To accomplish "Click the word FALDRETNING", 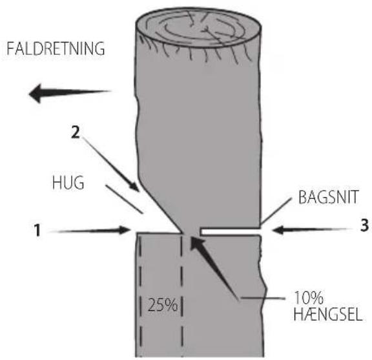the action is point(56,48).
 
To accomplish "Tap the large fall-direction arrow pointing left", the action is point(70,93).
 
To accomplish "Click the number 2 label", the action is point(76,132).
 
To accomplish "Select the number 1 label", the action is point(37,229).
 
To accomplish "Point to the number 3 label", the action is point(364,225).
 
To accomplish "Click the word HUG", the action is point(68,183).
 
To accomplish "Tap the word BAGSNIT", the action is point(328,197).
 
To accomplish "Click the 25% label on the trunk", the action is point(163,304).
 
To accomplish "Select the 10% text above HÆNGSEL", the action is point(309,297).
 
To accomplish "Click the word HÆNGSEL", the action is point(328,314).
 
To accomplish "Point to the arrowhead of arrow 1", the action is point(125,230).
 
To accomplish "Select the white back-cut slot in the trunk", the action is point(231,231).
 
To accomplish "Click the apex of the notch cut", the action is point(181,233).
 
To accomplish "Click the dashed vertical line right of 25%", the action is point(182,295).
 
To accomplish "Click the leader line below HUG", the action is point(124,199).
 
